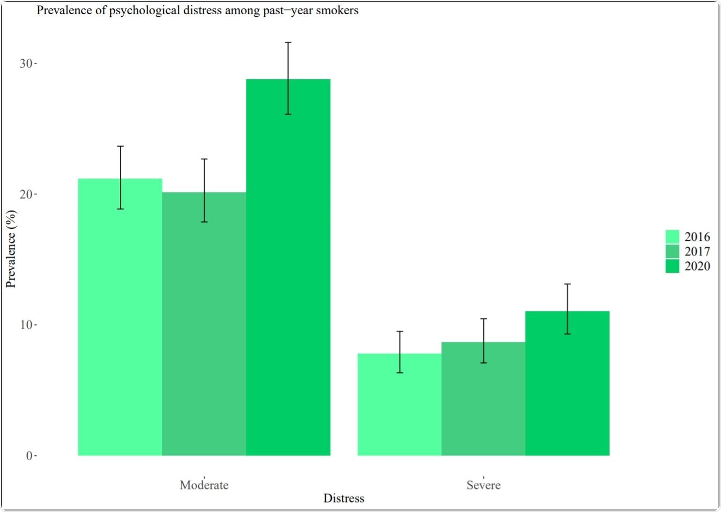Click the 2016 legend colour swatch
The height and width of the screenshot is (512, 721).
click(672, 237)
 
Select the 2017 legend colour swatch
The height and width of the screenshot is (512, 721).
click(672, 251)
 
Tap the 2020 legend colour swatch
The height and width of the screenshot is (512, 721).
click(672, 266)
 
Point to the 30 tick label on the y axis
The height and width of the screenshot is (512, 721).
click(26, 63)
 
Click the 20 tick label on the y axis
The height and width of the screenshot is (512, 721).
click(26, 194)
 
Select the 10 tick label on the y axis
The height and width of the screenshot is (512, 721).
click(26, 325)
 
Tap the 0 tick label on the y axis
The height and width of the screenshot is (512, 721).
click(29, 455)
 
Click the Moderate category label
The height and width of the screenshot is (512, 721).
click(204, 485)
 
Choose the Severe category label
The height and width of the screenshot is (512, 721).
click(483, 485)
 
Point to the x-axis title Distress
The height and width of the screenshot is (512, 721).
click(343, 498)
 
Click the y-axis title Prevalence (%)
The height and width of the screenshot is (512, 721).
click(11, 249)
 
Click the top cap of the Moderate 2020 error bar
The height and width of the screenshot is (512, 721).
click(288, 42)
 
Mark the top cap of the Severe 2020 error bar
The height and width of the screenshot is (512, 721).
click(567, 284)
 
